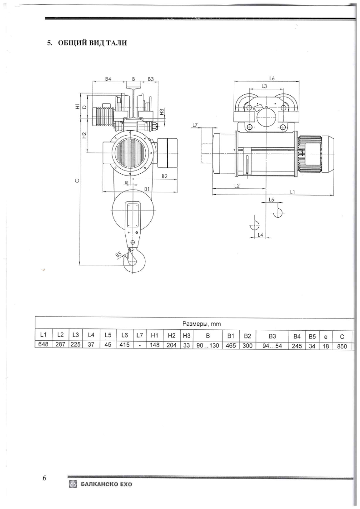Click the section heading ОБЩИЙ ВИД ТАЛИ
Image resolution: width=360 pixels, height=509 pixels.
pos(92,43)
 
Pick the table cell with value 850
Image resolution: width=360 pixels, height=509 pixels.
pos(342,347)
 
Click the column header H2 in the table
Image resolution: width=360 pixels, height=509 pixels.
pos(171,335)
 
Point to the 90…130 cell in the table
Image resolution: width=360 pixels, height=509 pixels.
pos(208,346)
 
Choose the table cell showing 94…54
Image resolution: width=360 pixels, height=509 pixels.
pos(272,346)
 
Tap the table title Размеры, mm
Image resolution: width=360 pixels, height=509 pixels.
pos(202,323)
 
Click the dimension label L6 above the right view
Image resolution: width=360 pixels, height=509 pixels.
pos(272,78)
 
